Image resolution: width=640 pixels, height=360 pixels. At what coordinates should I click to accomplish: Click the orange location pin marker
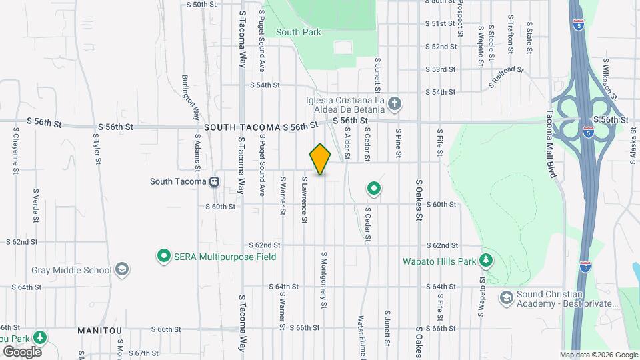point(320,159)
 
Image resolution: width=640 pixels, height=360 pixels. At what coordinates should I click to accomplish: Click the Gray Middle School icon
point(121,269)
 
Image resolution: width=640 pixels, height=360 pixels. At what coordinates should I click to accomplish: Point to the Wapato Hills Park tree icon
point(487,260)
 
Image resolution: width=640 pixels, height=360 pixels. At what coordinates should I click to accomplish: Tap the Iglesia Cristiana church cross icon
point(395,104)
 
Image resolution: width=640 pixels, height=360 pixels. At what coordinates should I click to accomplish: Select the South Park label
point(299,32)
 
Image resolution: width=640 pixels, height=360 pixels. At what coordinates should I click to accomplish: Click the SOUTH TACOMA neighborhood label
point(241,127)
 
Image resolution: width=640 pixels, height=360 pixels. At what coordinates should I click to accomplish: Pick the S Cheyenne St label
point(15,152)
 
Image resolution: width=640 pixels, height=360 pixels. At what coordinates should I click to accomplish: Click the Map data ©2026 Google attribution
point(598,355)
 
